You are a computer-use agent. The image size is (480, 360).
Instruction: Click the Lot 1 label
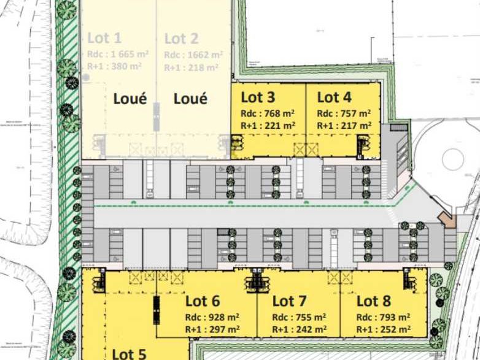[x=104, y=39]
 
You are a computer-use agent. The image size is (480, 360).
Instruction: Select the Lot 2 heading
[x=181, y=39]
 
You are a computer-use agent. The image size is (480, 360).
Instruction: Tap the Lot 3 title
[x=258, y=97]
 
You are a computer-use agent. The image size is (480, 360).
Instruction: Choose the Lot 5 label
[x=130, y=354]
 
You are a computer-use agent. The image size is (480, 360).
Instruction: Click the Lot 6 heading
[x=203, y=301]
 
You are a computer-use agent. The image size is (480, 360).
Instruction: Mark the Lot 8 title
[x=374, y=301]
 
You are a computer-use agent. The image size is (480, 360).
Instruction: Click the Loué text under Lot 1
[x=130, y=98]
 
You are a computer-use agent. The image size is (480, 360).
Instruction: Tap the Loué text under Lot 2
[x=190, y=98]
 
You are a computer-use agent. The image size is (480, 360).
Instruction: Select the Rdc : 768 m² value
[x=268, y=113]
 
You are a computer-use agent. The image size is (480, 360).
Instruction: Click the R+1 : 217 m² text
[x=344, y=125]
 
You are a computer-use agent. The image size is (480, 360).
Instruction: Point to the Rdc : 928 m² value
[x=212, y=317]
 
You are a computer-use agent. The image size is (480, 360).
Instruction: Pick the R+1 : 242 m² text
[x=299, y=329]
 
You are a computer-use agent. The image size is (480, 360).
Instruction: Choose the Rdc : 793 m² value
[x=384, y=317]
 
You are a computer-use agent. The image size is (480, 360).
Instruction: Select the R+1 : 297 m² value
[x=212, y=329]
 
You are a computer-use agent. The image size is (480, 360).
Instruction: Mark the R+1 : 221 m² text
[x=268, y=125]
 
